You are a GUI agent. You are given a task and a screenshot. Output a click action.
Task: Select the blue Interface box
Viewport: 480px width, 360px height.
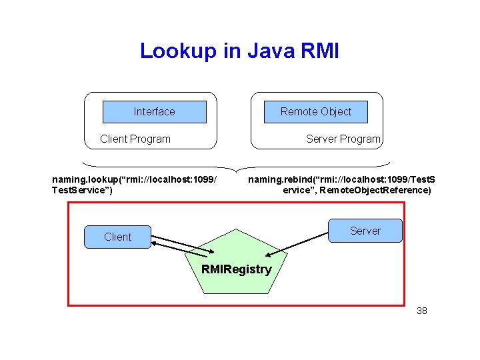click(154, 112)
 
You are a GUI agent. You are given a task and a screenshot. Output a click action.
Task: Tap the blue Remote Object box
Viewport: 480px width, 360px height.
click(315, 112)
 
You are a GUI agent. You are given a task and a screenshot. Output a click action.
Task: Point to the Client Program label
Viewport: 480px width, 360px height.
click(135, 139)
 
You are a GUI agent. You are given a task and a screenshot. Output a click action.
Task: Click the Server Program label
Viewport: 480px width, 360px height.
click(343, 139)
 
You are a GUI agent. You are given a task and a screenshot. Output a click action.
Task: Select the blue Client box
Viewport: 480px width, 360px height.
click(117, 237)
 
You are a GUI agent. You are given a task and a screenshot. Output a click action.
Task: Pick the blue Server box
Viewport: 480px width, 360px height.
click(365, 231)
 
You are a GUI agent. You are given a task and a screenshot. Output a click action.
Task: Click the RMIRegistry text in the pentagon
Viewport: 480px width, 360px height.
click(237, 269)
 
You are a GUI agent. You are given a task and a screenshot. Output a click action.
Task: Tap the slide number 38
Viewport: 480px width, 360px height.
click(421, 311)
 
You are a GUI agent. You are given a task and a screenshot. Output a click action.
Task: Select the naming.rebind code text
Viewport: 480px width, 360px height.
click(341, 179)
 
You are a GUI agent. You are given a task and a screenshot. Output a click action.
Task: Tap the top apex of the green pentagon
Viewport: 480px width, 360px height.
click(237, 229)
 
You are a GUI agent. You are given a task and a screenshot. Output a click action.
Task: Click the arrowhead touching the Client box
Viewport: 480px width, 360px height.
click(155, 243)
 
